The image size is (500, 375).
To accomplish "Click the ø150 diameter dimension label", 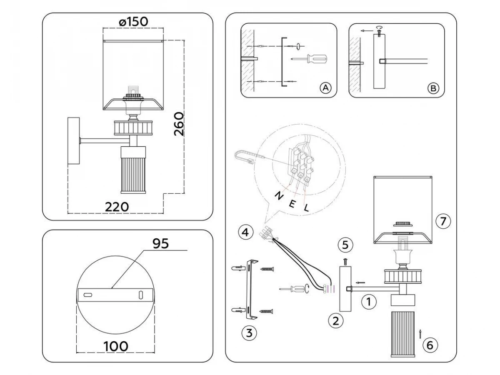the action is click(133, 22).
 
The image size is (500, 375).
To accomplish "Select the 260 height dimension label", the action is click(179, 124).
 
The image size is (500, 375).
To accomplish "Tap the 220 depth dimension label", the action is click(117, 207).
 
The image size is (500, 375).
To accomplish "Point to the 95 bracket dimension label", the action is click(161, 243).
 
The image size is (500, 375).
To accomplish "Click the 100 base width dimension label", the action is click(116, 346).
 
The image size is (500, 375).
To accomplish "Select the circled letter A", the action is click(325, 88).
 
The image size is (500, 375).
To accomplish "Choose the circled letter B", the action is click(433, 88).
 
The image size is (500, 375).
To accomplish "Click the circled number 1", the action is click(369, 302).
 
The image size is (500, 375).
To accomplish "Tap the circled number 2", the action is click(335, 321).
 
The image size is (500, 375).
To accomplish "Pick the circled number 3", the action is click(249, 333).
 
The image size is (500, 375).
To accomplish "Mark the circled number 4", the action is click(245, 232).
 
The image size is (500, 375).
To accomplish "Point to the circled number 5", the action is click(345, 245).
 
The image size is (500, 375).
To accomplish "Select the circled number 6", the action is click(430, 345).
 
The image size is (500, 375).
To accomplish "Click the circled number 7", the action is click(443, 221).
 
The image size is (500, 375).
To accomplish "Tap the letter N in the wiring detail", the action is click(278, 196).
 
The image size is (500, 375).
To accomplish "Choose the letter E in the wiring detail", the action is click(292, 203).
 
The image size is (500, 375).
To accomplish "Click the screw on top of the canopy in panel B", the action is click(379, 32).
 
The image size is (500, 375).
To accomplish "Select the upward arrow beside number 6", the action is click(420, 340).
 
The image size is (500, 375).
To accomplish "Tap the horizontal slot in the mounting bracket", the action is click(88, 295).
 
